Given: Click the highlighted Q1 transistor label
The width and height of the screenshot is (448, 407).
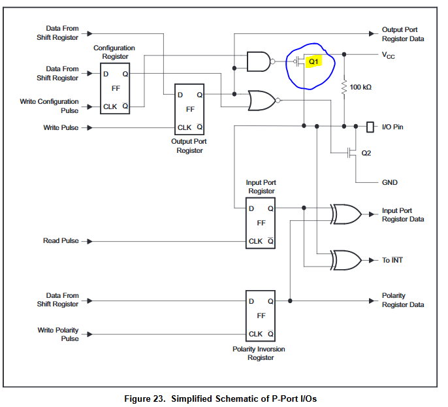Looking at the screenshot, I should pyautogui.click(x=314, y=61).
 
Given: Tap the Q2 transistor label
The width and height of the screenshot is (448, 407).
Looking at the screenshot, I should pyautogui.click(x=366, y=154).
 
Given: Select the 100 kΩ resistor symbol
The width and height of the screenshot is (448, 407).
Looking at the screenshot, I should pyautogui.click(x=344, y=87).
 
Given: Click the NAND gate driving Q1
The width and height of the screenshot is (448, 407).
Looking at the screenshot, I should pyautogui.click(x=259, y=61).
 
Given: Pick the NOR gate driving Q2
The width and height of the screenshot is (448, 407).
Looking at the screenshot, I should pyautogui.click(x=261, y=100).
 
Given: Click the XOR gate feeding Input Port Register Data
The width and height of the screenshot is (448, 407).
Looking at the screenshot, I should pyautogui.click(x=345, y=214).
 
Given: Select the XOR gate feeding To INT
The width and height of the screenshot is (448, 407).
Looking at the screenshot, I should pyautogui.click(x=345, y=259).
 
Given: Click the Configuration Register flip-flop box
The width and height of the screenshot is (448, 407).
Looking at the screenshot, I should pyautogui.click(x=114, y=88).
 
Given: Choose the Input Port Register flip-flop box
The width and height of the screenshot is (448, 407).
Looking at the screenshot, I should pyautogui.click(x=261, y=223).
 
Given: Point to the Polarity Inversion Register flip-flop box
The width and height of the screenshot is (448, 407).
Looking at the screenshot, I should pyautogui.click(x=261, y=316).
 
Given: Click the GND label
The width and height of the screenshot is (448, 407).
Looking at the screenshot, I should pyautogui.click(x=389, y=182).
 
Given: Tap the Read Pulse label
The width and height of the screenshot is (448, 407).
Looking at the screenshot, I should pyautogui.click(x=61, y=241).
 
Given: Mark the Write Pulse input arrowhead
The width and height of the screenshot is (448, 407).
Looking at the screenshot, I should pyautogui.click(x=89, y=127).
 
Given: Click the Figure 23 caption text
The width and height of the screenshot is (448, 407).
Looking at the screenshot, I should pyautogui.click(x=221, y=398).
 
